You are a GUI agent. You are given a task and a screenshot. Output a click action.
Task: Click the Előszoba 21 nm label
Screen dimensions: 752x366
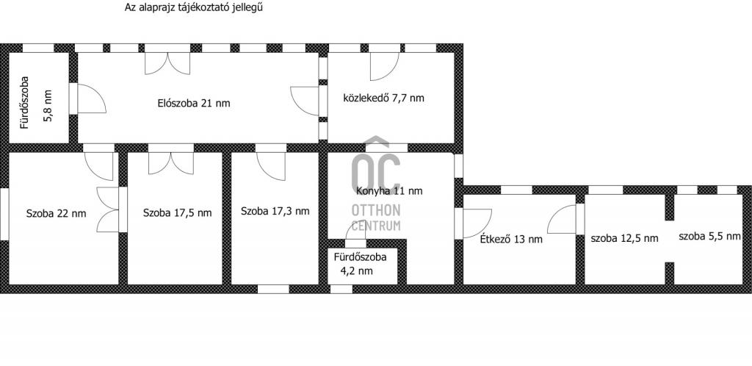coord(194,103)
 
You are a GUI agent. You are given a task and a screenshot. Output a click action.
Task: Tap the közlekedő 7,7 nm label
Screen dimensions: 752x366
coord(383,98)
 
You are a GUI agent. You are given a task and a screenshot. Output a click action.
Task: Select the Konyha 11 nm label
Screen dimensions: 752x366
coord(389,191)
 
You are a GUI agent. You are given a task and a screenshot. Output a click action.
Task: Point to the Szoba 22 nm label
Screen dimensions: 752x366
coord(56,213)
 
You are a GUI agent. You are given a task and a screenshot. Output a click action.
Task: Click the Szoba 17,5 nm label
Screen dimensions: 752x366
coord(177,212)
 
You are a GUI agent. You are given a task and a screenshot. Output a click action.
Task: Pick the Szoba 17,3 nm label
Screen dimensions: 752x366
coord(275,211)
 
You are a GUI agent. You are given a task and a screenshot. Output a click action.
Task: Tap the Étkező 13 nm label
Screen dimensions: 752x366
coord(511,239)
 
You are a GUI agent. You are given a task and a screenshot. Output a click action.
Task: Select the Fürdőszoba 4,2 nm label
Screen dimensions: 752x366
coord(360,264)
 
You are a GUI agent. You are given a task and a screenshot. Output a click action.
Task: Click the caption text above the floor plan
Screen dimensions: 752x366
coord(194,7)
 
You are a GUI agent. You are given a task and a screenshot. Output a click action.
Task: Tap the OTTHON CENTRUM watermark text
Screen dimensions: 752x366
coord(376,218)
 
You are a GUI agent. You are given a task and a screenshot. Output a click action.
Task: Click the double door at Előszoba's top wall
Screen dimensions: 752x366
coord(167,63)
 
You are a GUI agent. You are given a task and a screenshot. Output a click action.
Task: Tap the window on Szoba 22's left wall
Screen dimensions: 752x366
coord(4,213)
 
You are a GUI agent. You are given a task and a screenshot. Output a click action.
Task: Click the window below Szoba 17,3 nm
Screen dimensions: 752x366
coord(273,290)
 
